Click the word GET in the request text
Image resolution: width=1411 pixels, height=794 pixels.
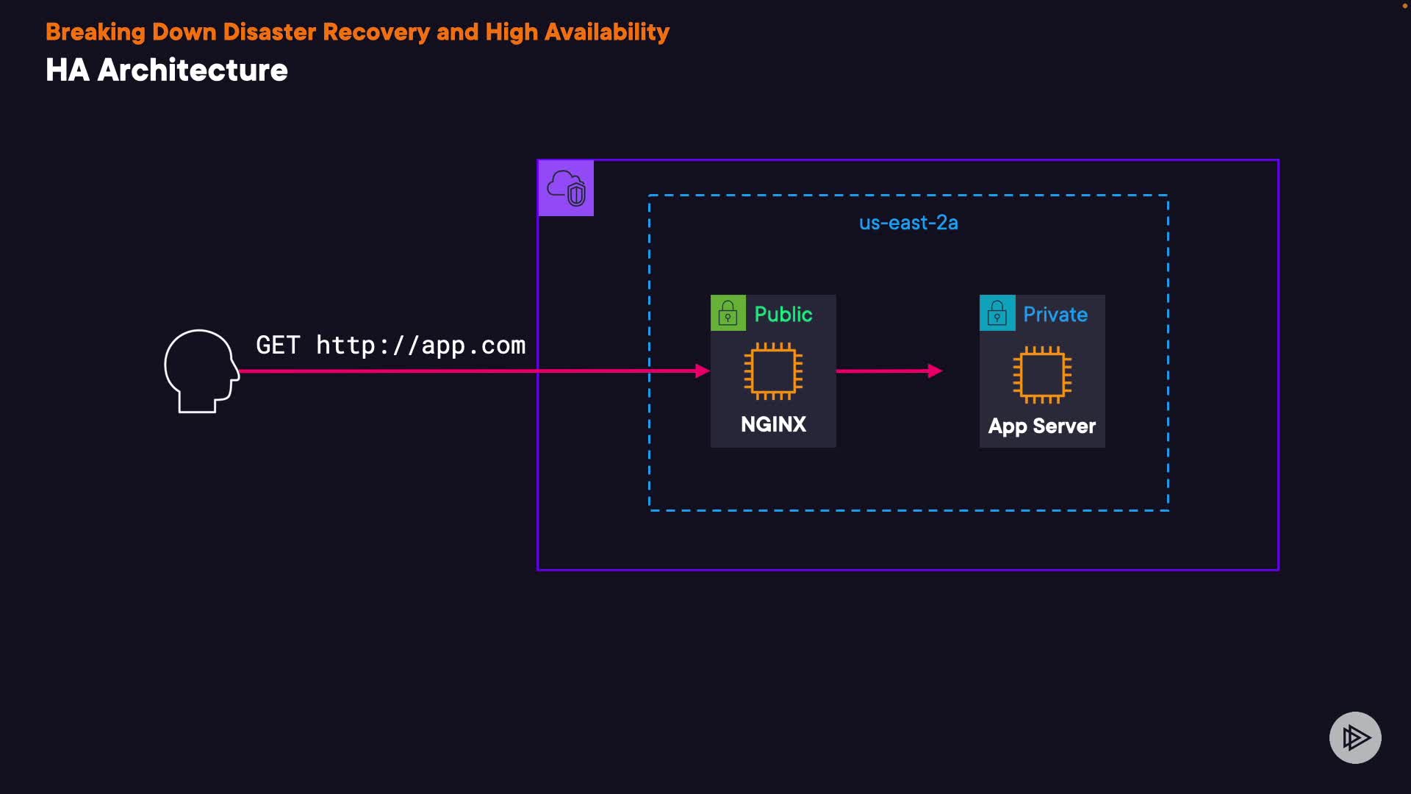click(x=278, y=345)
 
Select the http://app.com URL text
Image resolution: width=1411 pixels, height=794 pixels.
click(x=420, y=345)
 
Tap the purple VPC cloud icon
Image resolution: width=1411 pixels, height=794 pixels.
click(x=566, y=188)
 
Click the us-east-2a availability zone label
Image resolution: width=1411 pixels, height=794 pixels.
click(x=908, y=223)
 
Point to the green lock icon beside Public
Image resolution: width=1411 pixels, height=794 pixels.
click(x=728, y=314)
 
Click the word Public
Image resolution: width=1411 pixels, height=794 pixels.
click(x=783, y=314)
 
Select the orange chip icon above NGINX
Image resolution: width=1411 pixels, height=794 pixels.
click(x=773, y=371)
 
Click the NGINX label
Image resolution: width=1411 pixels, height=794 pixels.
click(x=773, y=424)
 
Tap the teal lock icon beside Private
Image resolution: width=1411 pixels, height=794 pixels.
click(x=997, y=314)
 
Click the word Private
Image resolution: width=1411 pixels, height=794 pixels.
click(x=1055, y=314)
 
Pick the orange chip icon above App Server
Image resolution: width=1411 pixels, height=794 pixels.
click(x=1042, y=374)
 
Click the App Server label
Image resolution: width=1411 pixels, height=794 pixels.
click(x=1042, y=426)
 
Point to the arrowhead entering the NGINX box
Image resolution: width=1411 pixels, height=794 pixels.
click(x=703, y=371)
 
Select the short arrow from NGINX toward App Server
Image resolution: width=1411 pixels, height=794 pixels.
click(x=889, y=371)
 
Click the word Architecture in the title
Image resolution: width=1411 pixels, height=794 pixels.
click(x=193, y=71)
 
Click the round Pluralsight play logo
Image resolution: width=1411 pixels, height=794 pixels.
click(x=1355, y=737)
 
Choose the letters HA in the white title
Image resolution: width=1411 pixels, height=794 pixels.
click(x=67, y=71)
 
